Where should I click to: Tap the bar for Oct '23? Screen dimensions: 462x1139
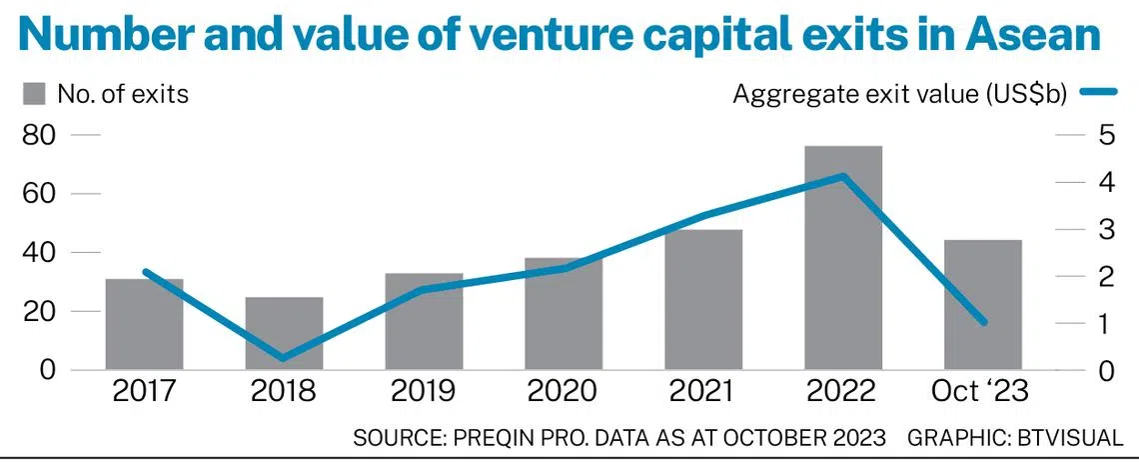point(983,305)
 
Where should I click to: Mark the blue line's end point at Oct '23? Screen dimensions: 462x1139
point(983,322)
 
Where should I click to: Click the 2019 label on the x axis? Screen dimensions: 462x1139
point(424,390)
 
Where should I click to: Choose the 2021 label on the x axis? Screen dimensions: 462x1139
point(703,390)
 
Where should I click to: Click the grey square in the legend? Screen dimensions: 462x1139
point(34,94)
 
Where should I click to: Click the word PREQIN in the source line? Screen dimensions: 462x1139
point(489,437)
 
